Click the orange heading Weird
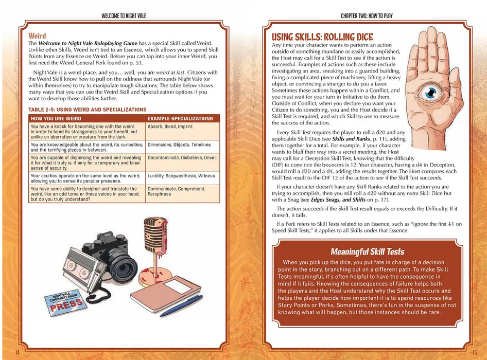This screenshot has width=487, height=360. [37, 36]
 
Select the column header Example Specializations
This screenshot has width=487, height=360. [180, 118]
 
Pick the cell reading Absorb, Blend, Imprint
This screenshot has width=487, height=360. [169, 127]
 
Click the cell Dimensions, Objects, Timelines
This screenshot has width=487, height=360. [179, 145]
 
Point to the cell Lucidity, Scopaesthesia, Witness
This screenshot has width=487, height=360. [181, 176]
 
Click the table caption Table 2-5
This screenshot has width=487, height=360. [88, 110]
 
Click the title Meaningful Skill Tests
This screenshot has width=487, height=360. [367, 251]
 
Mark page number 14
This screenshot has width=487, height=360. [18, 352]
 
